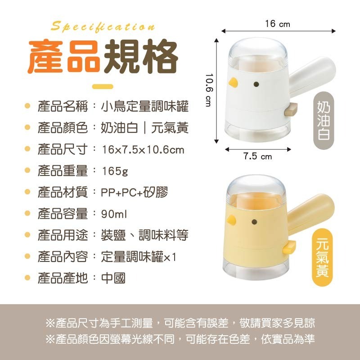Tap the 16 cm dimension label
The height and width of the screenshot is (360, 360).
277,24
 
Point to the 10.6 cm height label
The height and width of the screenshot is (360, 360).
209,90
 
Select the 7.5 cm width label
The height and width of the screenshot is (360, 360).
258,157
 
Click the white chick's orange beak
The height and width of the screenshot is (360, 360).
233,82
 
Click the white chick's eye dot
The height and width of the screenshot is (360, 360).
256,84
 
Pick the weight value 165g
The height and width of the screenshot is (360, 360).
115,171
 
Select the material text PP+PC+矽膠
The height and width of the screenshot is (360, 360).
134,193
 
